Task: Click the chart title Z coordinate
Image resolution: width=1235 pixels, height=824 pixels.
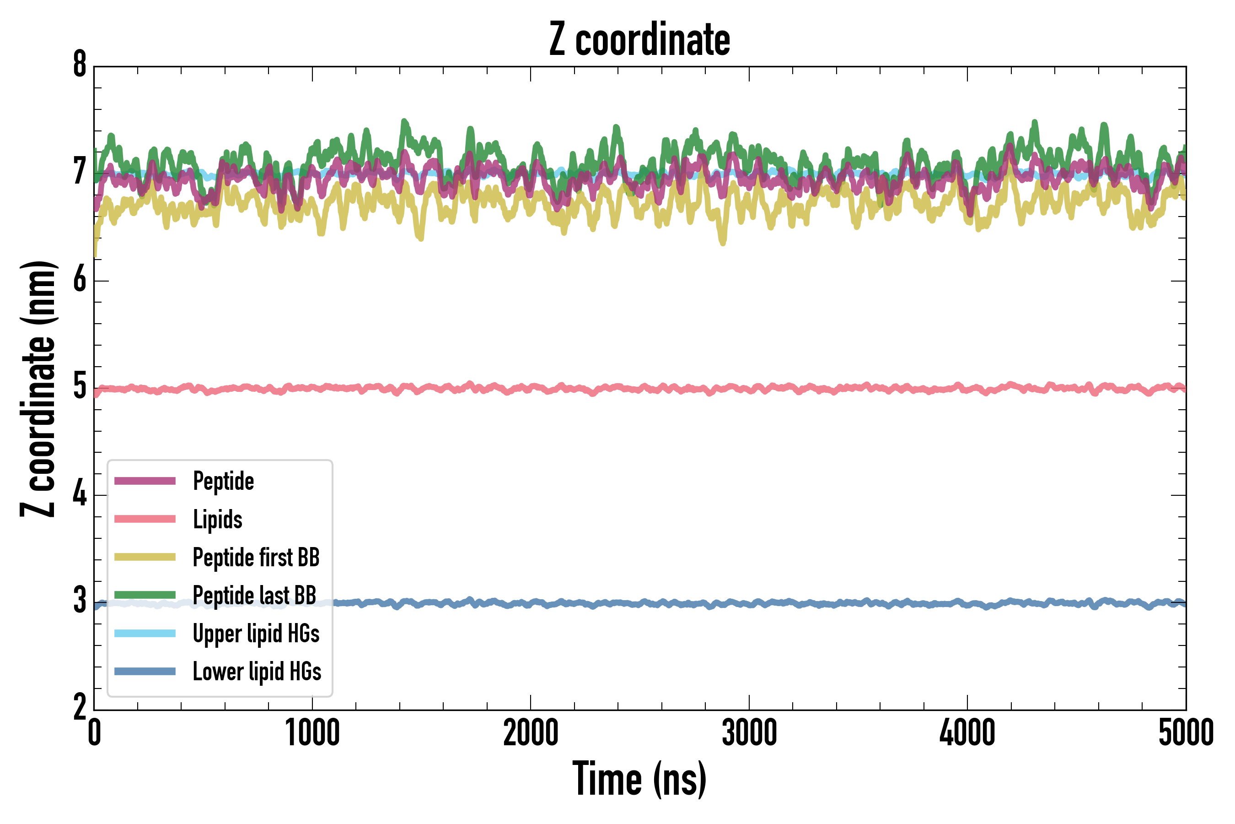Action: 639,40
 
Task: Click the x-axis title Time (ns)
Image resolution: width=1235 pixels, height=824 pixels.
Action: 639,779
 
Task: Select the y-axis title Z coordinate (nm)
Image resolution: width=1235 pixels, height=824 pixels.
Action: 38,389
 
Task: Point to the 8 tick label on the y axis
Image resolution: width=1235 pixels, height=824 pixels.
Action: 80,65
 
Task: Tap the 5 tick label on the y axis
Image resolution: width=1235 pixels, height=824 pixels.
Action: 80,387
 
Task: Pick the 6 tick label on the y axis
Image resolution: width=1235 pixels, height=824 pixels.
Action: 80,280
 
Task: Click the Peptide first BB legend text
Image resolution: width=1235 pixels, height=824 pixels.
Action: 256,558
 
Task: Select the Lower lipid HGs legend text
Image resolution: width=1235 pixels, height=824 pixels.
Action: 257,672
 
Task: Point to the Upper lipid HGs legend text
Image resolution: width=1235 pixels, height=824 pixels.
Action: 256,634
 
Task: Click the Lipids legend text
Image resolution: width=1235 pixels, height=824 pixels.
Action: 217,519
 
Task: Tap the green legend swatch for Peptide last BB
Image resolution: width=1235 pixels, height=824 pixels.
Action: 145,595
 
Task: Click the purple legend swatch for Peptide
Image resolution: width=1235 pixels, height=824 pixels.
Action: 145,481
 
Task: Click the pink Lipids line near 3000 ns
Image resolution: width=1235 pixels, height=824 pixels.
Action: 749,388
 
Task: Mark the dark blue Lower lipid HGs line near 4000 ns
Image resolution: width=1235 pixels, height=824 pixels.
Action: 967,603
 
